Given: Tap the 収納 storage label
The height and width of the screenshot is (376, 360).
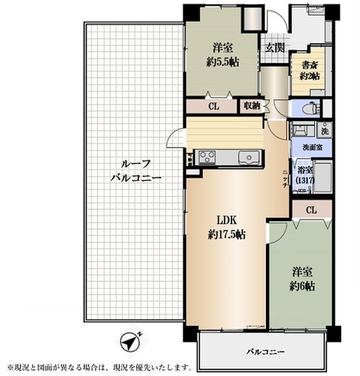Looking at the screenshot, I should click(x=251, y=106).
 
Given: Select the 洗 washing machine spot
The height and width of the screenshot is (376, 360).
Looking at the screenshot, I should click(x=324, y=130).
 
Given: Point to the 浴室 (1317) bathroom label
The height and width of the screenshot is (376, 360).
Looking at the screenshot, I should click(x=305, y=174).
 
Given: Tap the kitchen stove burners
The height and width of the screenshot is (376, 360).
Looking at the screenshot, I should click(x=207, y=157).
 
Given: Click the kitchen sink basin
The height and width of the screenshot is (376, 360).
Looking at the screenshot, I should click(x=249, y=157).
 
